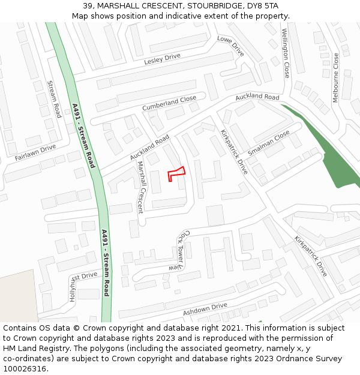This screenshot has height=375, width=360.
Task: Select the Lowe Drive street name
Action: click(230, 46)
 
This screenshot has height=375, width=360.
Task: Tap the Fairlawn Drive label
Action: click(35, 152)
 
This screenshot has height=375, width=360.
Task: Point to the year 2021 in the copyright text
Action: click(231, 328)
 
